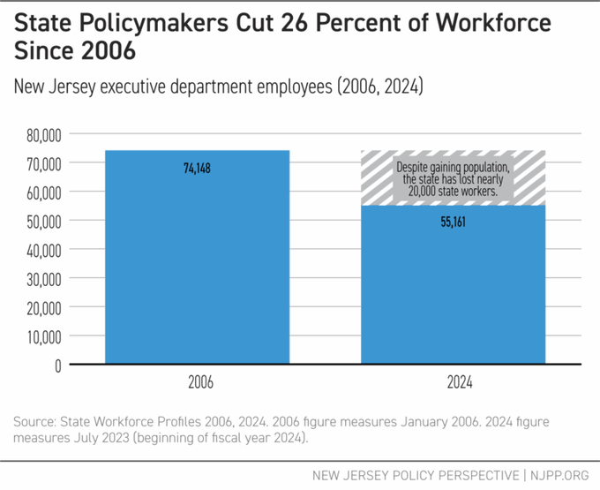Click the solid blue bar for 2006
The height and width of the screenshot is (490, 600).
click(x=197, y=265)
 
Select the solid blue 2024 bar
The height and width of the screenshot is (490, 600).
click(x=453, y=291)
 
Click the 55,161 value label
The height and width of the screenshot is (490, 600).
click(x=453, y=222)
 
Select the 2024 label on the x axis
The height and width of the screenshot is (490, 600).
click(x=453, y=385)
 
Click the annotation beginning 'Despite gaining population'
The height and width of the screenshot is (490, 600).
click(x=453, y=179)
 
